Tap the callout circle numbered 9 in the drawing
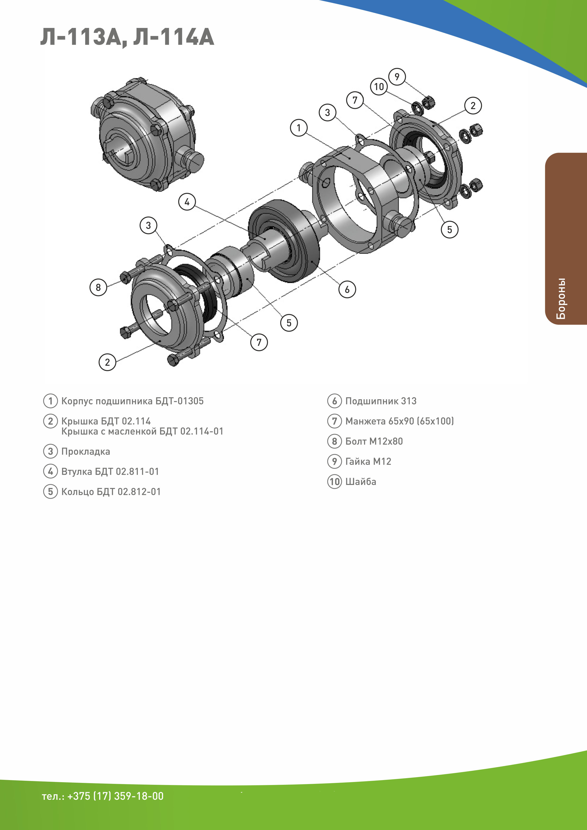coord(397,77)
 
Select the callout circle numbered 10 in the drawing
coord(379,87)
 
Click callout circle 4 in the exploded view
coord(187,202)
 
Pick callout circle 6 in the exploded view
coord(347,289)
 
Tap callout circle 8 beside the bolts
coord(98,287)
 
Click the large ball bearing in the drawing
coord(284,241)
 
